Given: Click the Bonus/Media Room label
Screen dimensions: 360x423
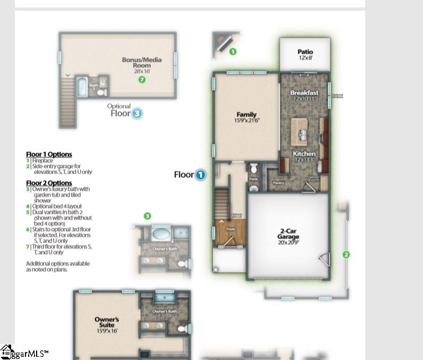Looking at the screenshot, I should [x=142, y=63].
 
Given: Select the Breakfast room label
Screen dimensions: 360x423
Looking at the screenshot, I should [x=304, y=95].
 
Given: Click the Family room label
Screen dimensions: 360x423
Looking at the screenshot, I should [x=246, y=117].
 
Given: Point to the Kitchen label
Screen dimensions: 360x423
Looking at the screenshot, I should [x=305, y=156].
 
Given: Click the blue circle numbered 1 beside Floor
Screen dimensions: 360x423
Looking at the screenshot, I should [x=200, y=175].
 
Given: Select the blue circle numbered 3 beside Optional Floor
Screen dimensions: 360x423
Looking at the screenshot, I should [x=137, y=113].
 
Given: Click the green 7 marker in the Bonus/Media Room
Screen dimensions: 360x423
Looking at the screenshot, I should [x=142, y=80].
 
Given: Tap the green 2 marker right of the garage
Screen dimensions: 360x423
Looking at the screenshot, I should [x=346, y=255].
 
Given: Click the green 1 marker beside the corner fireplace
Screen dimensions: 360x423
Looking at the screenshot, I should [x=232, y=52].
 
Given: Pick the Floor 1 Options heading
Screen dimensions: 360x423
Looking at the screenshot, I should [x=49, y=155].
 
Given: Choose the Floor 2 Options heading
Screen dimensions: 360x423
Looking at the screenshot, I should [x=49, y=183].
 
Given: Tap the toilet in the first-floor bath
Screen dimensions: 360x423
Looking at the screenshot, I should [x=253, y=169].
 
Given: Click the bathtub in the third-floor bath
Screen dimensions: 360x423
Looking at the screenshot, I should [x=82, y=87].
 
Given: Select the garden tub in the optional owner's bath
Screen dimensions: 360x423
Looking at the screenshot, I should [x=160, y=234].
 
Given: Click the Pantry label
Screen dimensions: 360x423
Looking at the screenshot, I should [x=278, y=183].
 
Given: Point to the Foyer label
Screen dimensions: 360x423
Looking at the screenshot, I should [x=230, y=229].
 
